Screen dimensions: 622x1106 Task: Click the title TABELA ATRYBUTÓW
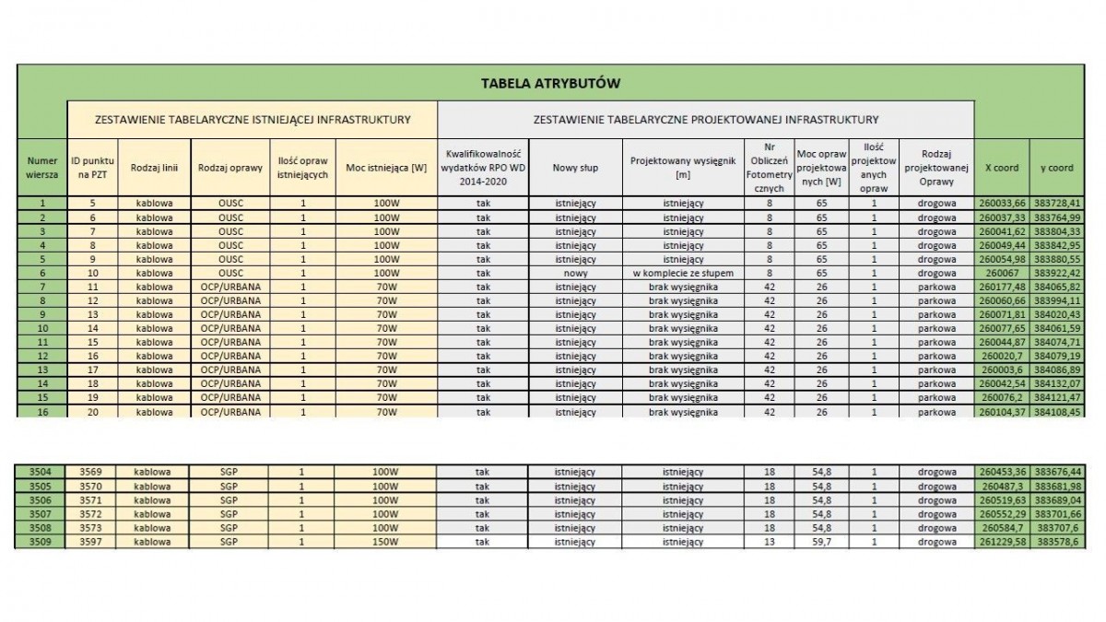550,83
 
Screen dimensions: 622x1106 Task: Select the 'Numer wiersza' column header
42,168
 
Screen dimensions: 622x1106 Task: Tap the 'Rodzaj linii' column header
154,168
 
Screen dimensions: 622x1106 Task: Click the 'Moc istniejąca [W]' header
386,168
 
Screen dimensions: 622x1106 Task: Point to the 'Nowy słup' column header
576,168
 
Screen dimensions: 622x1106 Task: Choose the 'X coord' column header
1002,168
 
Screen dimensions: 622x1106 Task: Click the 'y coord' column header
1056,168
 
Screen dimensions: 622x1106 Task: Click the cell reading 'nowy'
576,274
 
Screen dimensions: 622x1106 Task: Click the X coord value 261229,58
1002,542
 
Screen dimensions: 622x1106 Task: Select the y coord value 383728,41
1056,202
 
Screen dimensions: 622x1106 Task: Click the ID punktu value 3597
91,542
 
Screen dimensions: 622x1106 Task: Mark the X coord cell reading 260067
1002,274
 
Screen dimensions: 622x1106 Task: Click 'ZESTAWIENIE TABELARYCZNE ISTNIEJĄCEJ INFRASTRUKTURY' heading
253,120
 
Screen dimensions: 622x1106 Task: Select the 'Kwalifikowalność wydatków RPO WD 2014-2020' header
483,168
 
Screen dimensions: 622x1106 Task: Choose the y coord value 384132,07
1056,383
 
